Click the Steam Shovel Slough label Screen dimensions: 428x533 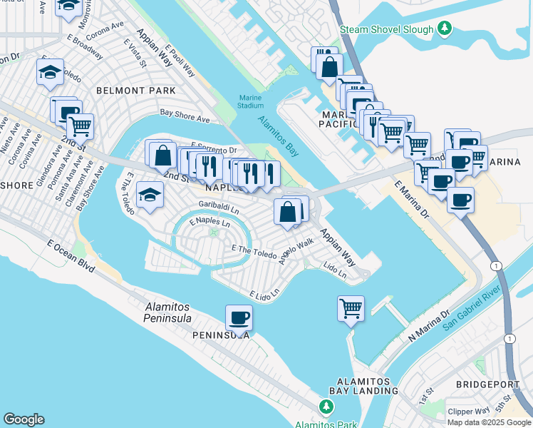point(386,29)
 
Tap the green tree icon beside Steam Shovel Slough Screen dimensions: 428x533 point(445,29)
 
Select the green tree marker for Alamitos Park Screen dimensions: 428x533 point(326,407)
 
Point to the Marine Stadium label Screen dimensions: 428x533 point(250,101)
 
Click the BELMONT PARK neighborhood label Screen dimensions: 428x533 point(135,91)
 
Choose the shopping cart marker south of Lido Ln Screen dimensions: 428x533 point(351,308)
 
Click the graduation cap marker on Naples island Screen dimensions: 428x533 point(150,195)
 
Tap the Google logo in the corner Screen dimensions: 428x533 point(24,419)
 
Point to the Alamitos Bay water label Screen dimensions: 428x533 point(278,136)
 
